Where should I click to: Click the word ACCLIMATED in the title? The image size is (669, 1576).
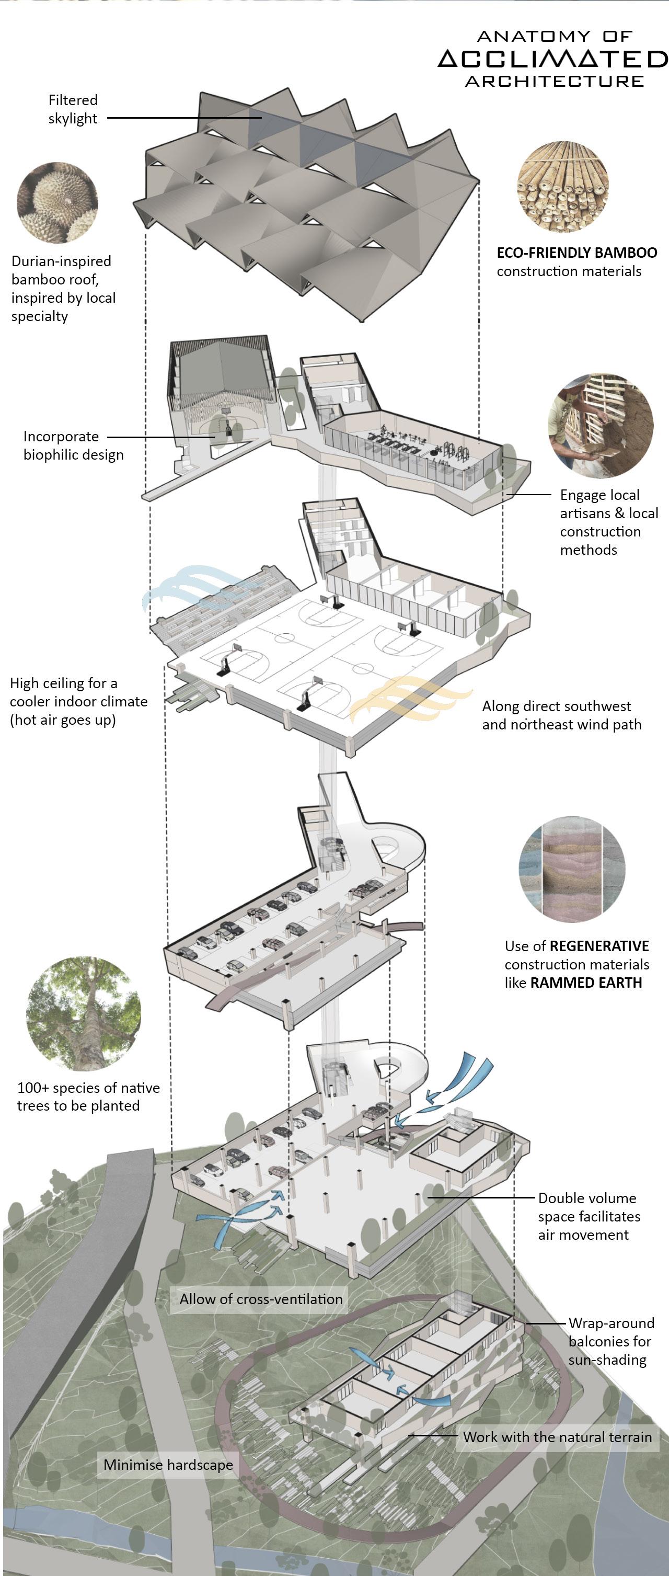coord(553,59)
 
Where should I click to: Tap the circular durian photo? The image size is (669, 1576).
coord(57,202)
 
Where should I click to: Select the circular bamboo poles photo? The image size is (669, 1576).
coord(563,188)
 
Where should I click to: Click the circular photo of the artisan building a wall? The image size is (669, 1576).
coord(600,425)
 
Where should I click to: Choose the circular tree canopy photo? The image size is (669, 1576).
coord(83,1014)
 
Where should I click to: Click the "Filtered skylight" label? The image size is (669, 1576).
coord(73,109)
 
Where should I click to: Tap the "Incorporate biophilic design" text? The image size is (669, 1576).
coord(73,446)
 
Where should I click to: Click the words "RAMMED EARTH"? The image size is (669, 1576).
coord(586,983)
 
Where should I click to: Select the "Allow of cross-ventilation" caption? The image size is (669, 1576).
coord(261,1299)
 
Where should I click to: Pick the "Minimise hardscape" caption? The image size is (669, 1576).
coord(168,1465)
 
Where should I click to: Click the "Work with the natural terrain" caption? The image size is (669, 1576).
coord(557,1436)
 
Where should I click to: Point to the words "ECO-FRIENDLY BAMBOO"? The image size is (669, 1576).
coord(576,253)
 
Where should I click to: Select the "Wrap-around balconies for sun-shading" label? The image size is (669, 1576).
coord(611,1341)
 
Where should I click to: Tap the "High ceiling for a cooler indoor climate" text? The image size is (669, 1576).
coord(78,701)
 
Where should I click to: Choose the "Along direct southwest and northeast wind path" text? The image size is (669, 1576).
coord(561,715)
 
